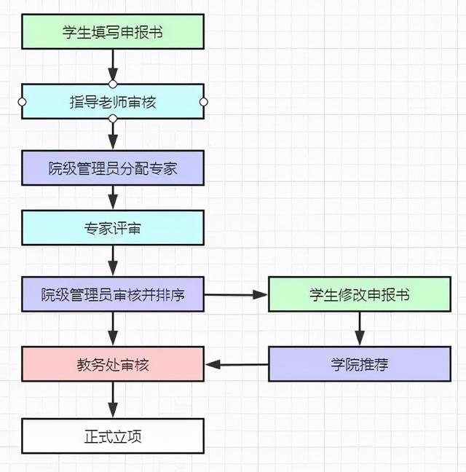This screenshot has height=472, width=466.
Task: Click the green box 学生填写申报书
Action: [113, 31]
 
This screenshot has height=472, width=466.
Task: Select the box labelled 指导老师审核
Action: [113, 101]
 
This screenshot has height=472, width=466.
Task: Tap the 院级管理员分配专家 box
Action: [113, 168]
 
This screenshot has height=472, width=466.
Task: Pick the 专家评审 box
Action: [113, 228]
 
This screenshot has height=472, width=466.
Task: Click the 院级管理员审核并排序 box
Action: [113, 295]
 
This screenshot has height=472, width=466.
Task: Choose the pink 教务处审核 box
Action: [113, 363]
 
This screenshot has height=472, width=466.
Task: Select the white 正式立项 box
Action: [113, 436]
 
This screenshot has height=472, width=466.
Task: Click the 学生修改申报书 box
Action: [360, 295]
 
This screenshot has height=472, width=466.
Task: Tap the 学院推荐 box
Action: [360, 363]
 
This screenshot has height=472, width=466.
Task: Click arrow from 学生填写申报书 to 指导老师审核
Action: [113, 66]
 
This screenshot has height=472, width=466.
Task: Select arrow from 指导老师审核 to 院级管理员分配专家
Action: [113, 134]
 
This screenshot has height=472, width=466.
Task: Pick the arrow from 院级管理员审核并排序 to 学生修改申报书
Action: [236, 295]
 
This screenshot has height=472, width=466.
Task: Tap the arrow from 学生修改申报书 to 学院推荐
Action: [360, 329]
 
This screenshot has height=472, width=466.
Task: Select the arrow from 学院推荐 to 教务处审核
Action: [236, 363]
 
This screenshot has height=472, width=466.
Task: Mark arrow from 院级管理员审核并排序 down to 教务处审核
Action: [113, 329]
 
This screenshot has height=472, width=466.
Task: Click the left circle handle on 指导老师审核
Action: [22, 101]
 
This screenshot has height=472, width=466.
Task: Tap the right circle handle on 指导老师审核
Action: [204, 101]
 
